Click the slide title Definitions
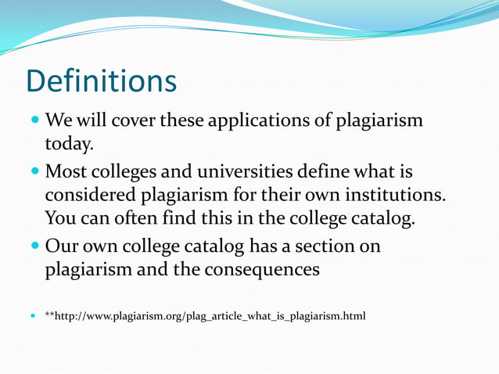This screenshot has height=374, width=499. [x=101, y=80]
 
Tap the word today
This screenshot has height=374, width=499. [x=70, y=144]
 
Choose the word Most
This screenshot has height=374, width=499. [x=64, y=171]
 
